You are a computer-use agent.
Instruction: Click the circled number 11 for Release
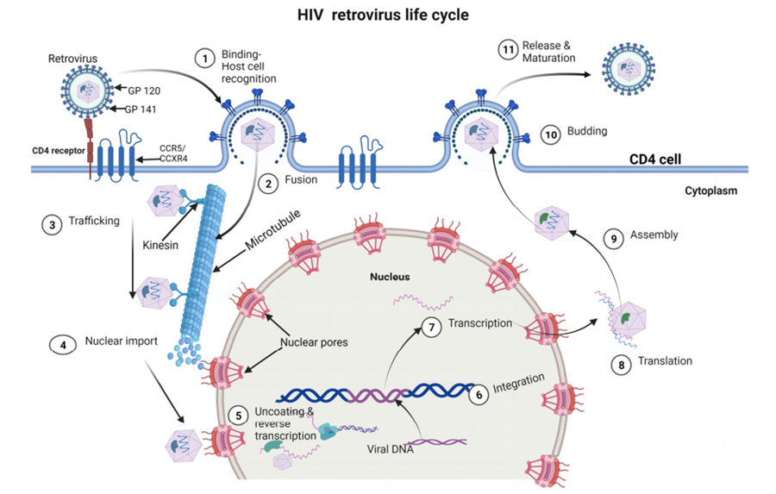[507, 51]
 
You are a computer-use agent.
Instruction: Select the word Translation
[666, 360]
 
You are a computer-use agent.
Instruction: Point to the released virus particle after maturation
[634, 67]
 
